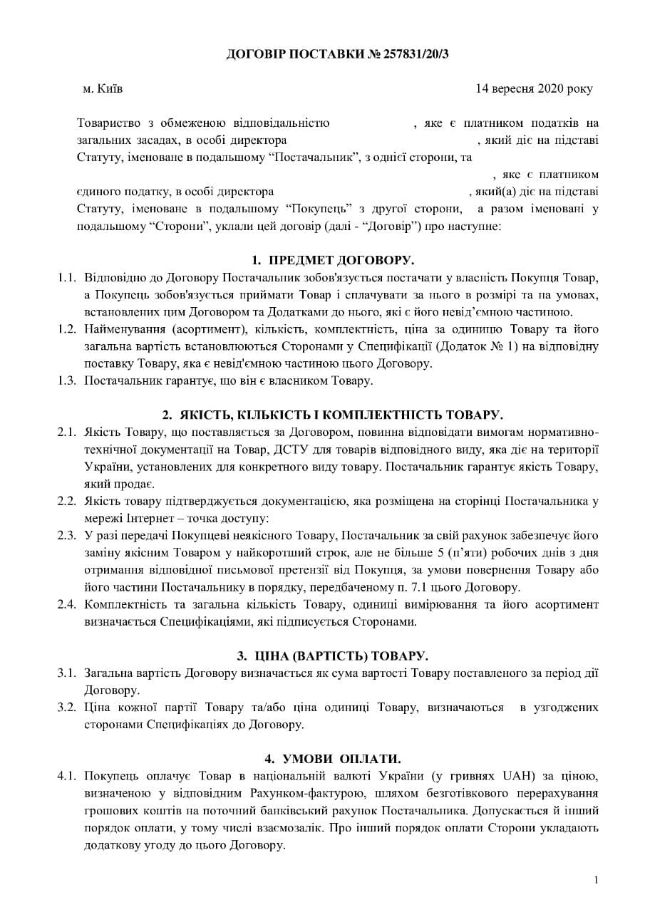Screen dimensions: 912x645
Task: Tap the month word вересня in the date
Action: (510, 89)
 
